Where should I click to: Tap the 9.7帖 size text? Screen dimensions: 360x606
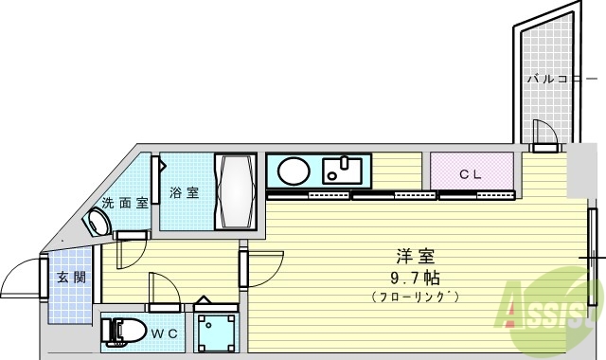pyautogui.click(x=415, y=278)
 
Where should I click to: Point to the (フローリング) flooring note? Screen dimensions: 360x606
pyautogui.click(x=415, y=297)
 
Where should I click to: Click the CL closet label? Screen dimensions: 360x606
pyautogui.click(x=471, y=174)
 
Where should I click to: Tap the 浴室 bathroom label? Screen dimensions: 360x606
pyautogui.click(x=184, y=193)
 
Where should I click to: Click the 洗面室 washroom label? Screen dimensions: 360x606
pyautogui.click(x=124, y=202)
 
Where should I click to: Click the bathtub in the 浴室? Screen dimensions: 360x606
pyautogui.click(x=234, y=190)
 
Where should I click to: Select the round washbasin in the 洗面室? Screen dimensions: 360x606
pyautogui.click(x=98, y=223)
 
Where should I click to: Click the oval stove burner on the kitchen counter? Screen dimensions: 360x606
pyautogui.click(x=293, y=171)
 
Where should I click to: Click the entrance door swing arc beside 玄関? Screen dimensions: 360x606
pyautogui.click(x=21, y=279)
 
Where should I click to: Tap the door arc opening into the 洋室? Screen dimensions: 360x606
pyautogui.click(x=266, y=266)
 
